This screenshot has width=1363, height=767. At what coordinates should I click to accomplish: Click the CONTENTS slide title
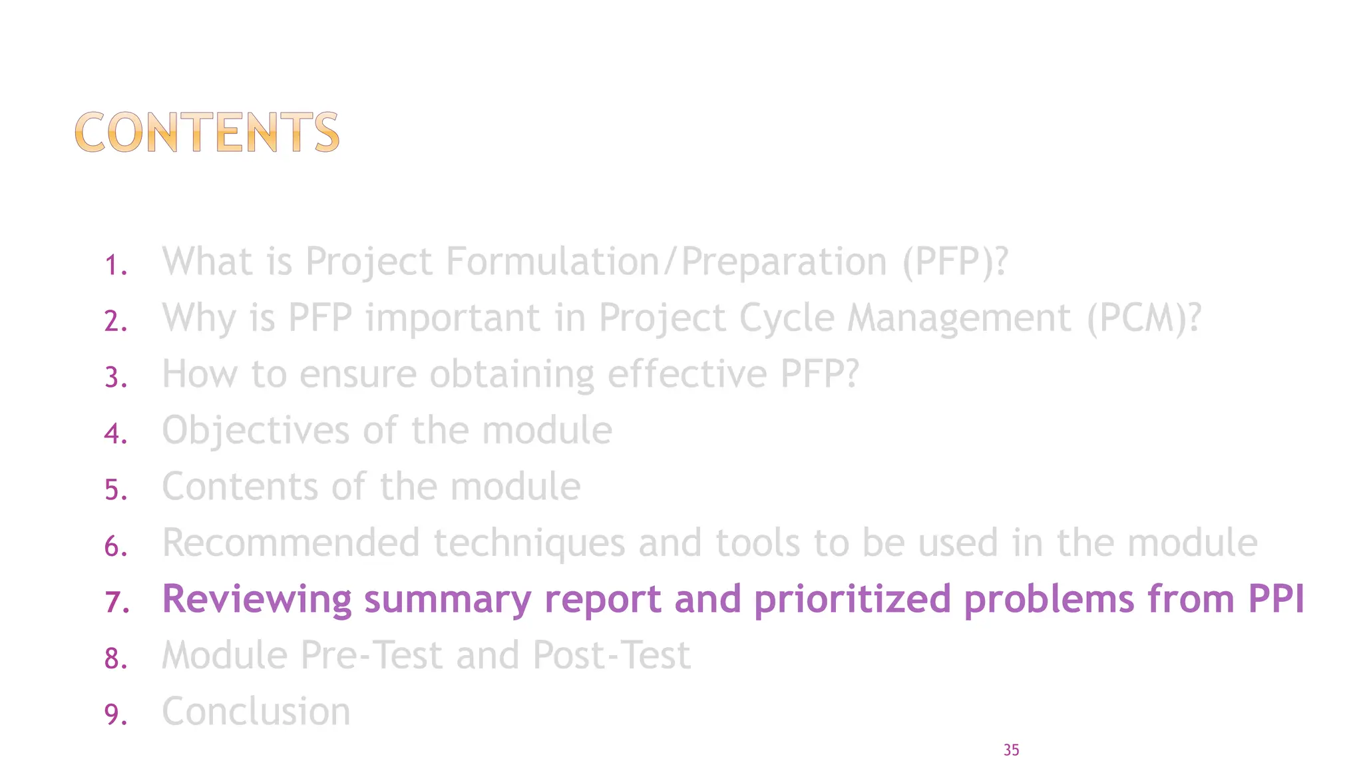click(x=207, y=132)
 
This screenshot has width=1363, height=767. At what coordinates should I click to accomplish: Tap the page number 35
click(x=1011, y=750)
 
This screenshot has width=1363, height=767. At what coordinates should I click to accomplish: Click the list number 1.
click(x=115, y=266)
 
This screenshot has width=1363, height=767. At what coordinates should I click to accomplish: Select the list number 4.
click(x=115, y=434)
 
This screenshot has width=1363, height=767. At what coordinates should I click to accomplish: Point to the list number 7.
click(x=116, y=603)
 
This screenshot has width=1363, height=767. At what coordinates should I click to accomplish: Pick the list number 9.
click(x=115, y=715)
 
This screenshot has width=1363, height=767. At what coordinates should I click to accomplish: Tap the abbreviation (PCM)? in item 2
click(x=1144, y=318)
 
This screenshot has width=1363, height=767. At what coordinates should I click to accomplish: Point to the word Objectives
click(x=256, y=431)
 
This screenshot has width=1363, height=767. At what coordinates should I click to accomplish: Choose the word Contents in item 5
click(x=240, y=486)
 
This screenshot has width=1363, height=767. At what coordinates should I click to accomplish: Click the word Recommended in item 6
click(x=291, y=543)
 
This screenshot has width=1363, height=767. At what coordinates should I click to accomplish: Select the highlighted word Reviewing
click(x=257, y=599)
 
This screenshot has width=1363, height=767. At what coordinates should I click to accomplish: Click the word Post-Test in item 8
click(x=612, y=655)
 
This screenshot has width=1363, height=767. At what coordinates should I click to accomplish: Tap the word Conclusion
click(x=256, y=711)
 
